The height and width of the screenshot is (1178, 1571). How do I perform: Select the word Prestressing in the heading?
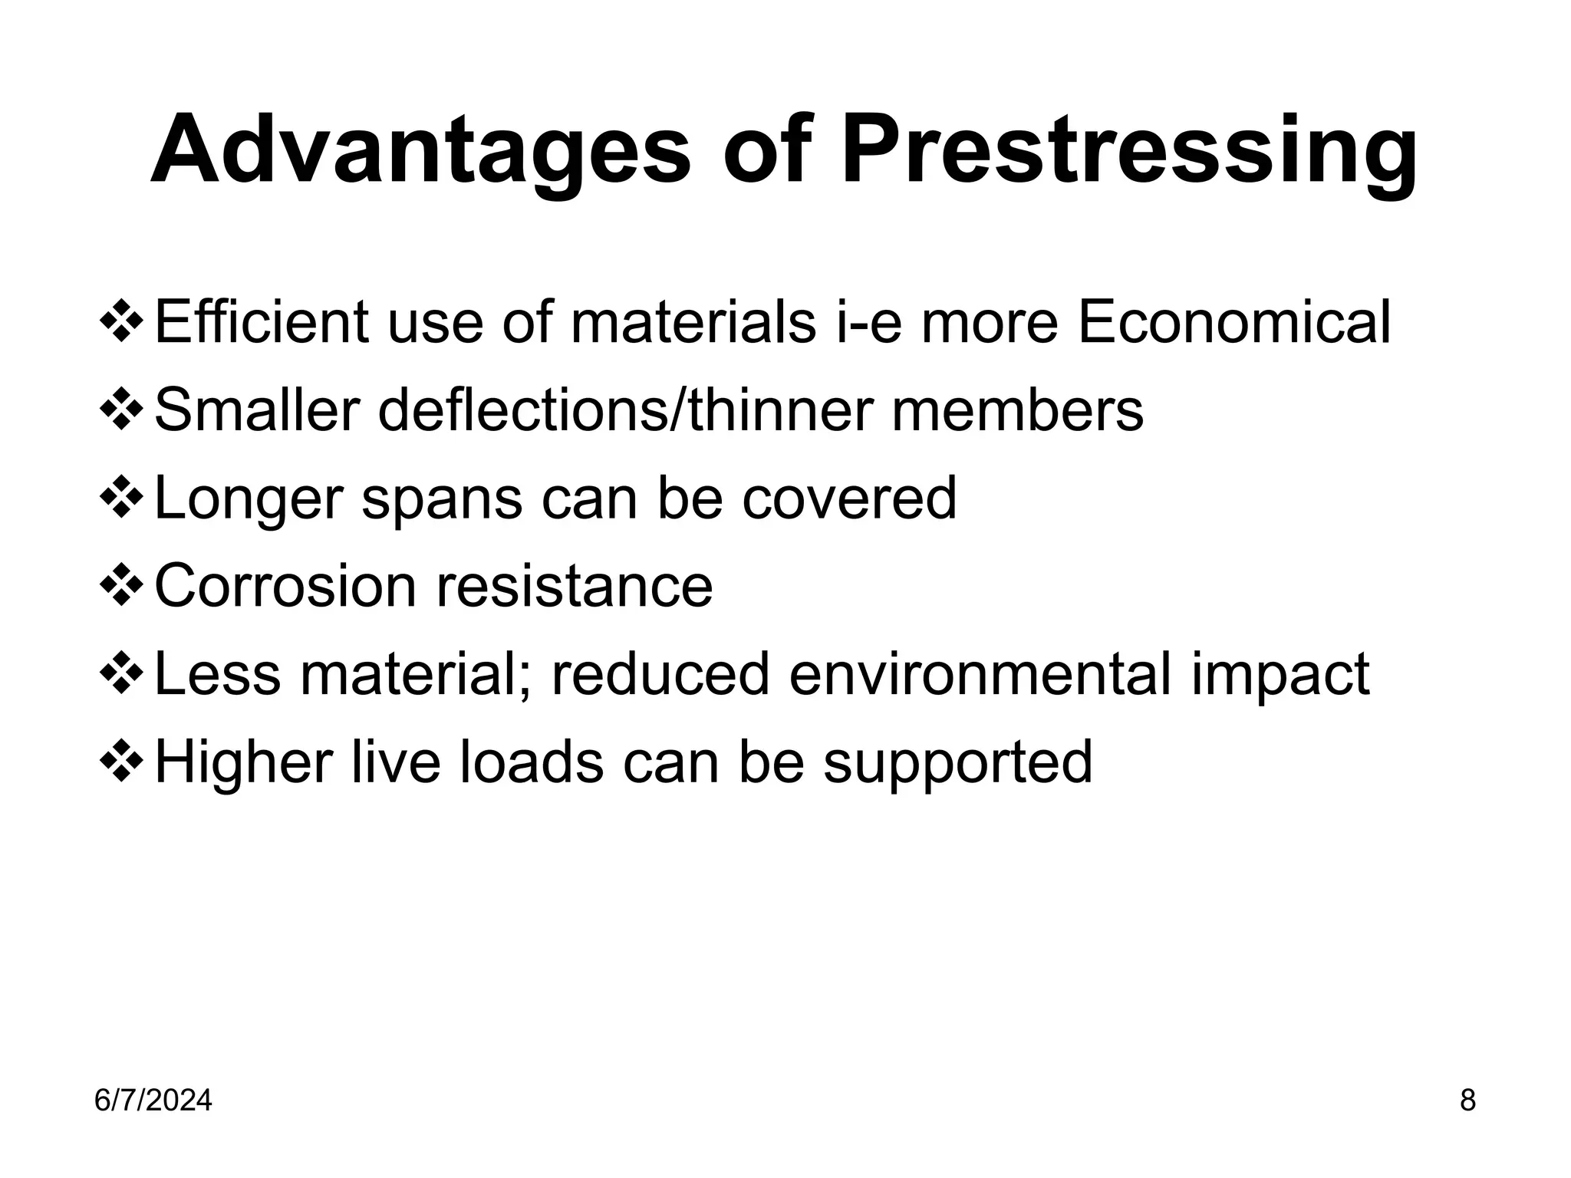coord(1128,151)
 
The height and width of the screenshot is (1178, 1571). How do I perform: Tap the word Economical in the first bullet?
coord(1233,322)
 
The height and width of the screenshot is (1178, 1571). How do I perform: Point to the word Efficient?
coord(262,322)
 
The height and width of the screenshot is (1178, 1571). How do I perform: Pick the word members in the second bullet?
coord(1017,410)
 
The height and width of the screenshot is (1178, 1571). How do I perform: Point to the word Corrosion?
coord(286,587)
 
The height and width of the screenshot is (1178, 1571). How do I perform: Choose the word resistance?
coord(575,587)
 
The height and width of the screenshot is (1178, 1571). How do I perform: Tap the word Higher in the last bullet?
coord(244,764)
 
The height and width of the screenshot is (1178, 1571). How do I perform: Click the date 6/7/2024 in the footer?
coord(153,1101)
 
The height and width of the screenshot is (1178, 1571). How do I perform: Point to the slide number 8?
coord(1467,1101)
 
